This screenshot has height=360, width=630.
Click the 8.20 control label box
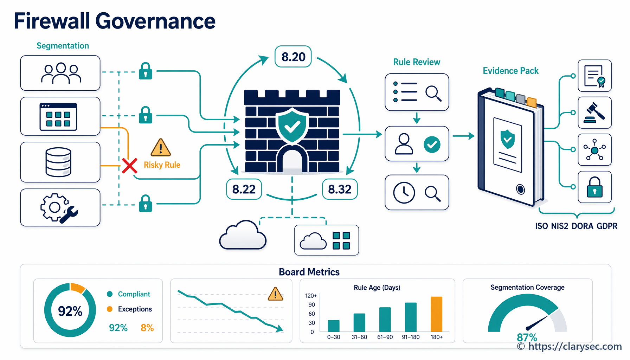[x=293, y=56]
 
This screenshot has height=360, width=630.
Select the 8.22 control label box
[x=244, y=189]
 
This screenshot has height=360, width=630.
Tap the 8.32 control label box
[x=340, y=189]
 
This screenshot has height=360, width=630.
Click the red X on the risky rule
[x=130, y=166]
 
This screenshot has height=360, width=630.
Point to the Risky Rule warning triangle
[x=161, y=147]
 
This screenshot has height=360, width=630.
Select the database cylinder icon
[x=58, y=162]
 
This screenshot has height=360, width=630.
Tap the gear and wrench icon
[x=59, y=208]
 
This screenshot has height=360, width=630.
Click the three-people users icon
[x=61, y=73]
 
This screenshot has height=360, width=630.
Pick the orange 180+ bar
[x=436, y=314]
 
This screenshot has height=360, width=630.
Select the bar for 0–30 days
[x=334, y=326]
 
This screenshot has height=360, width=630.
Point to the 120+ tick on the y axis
[x=311, y=296]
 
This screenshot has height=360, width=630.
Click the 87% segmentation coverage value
[x=527, y=337]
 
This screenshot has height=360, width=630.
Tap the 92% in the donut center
[x=70, y=311]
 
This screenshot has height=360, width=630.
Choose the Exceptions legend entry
[x=129, y=309]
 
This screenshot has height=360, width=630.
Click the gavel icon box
[x=594, y=112]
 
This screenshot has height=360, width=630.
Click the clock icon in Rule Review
[x=404, y=193]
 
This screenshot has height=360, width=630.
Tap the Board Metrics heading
[x=309, y=272]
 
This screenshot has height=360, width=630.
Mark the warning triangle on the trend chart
[x=275, y=294]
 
